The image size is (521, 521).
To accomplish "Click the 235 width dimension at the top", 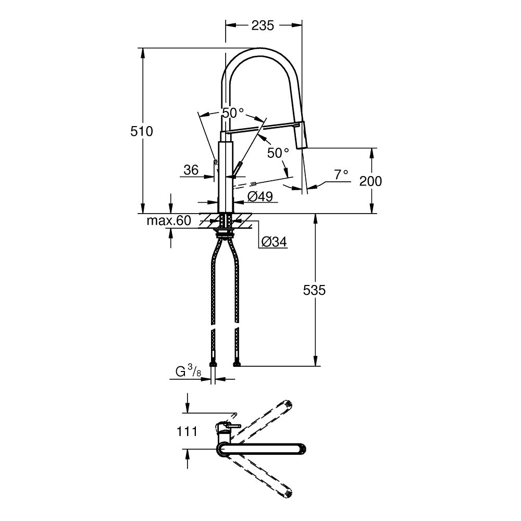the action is [x=263, y=25].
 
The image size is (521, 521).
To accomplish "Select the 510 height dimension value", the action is [x=142, y=131].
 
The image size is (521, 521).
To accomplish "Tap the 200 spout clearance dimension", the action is [x=370, y=181].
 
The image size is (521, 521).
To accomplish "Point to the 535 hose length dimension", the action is [x=314, y=290].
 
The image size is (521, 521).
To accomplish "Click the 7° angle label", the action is [x=341, y=174].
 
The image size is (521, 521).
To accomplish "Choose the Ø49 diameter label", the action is [x=260, y=197].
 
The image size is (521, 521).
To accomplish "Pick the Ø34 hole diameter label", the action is [x=274, y=242].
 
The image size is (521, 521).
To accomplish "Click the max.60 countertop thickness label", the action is [x=169, y=220].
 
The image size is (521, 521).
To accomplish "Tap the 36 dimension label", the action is [x=191, y=170].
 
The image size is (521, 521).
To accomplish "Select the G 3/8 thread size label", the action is [x=189, y=371].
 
